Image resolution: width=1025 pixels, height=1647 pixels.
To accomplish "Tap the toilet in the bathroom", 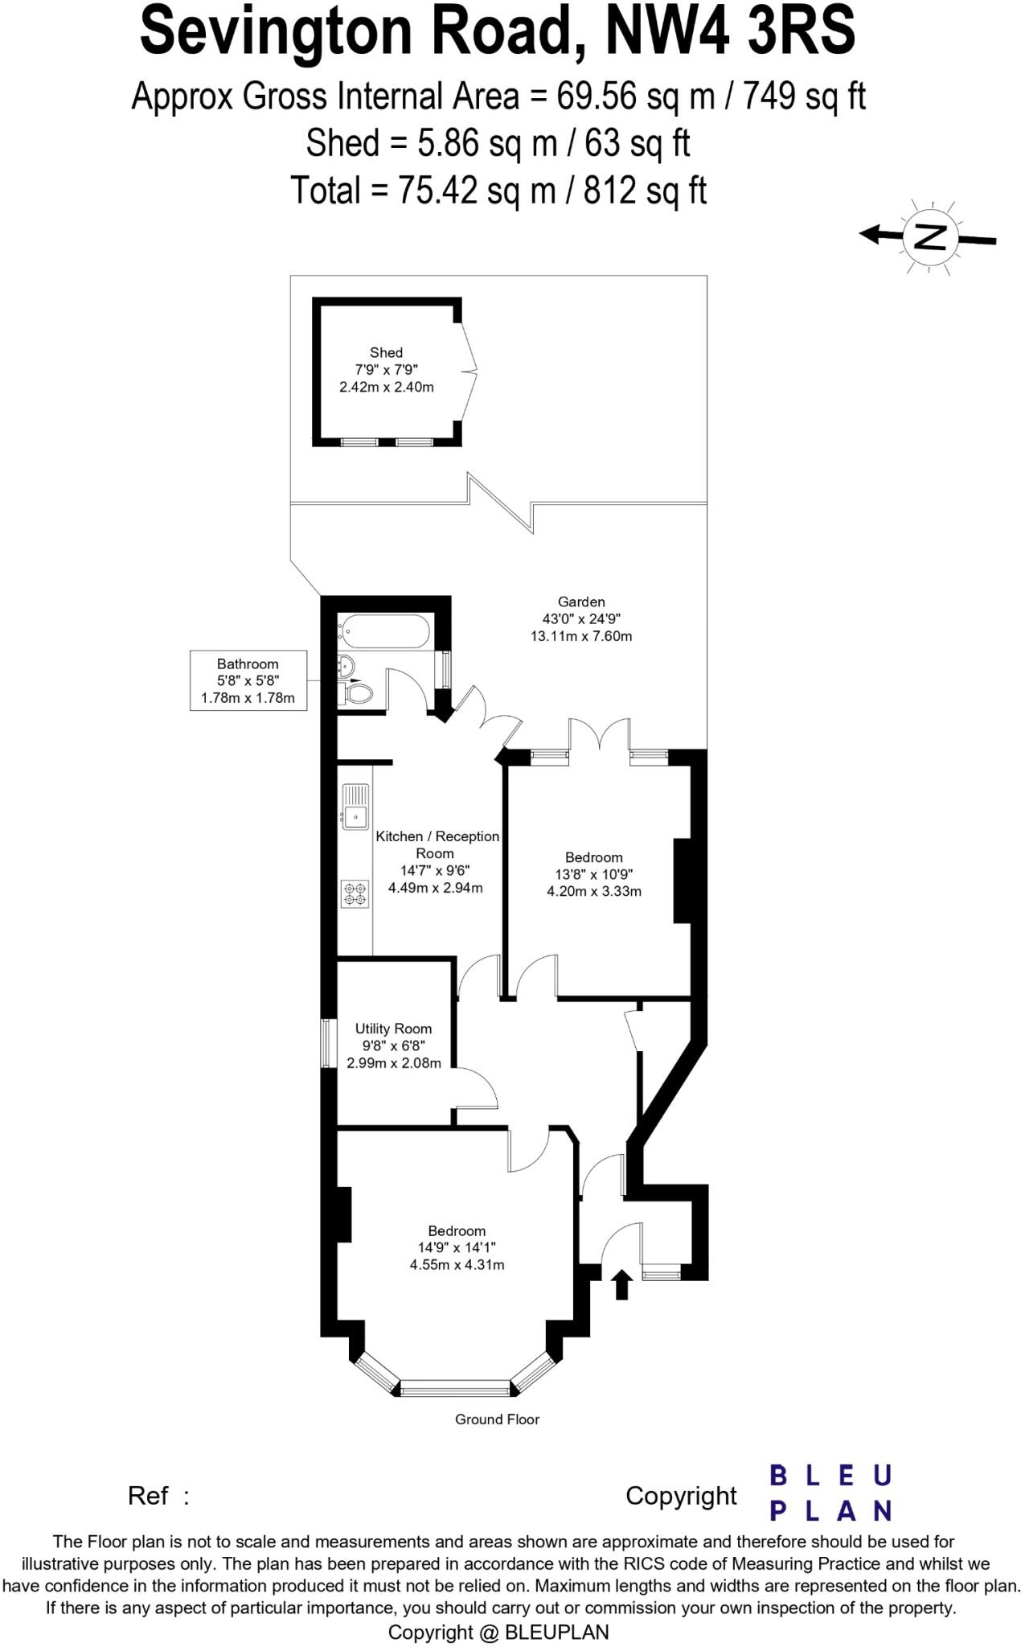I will pos(358,692).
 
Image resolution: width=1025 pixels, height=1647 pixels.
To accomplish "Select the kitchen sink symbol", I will pos(355,807).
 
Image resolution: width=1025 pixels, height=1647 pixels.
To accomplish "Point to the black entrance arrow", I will pos(621,1284).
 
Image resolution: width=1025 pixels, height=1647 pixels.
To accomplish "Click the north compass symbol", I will pos(931,237).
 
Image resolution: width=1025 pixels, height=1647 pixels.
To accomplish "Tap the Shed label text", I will pos(386,352).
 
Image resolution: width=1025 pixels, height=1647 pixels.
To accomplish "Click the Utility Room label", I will pos(393,1029).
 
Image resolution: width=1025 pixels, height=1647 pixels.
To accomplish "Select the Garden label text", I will pos(581,602).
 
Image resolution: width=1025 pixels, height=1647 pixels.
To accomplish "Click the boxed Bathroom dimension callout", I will pos(248,680).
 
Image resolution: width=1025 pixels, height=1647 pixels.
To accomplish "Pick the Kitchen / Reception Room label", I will pos(437,844).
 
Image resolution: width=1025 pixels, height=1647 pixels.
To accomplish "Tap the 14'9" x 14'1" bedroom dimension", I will pos(457,1247).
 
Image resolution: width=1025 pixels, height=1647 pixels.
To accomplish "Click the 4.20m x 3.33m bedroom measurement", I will pos(594,891).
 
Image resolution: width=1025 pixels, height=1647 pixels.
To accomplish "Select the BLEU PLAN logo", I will pos(830,1493).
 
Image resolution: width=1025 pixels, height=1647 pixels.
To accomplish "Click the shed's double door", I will pos(469,372).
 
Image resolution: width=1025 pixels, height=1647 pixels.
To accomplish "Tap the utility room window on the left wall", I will pos(328,1044).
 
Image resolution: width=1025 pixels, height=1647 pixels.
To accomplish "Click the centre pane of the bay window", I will pos(455,1387).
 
